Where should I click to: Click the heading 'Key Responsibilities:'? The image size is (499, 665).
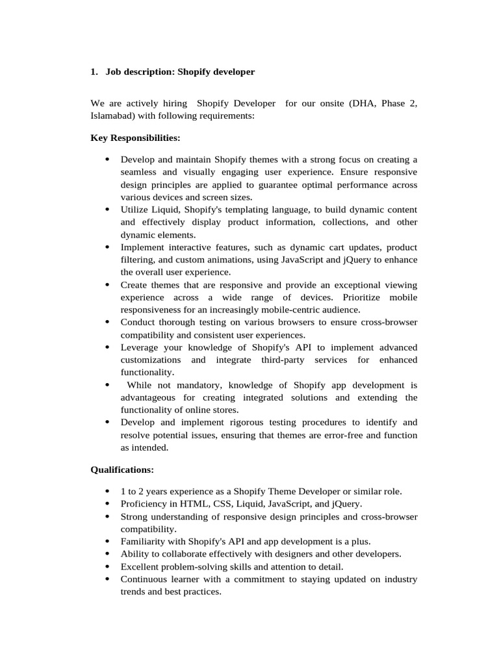coord(135,138)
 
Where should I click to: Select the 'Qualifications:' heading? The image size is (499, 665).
coord(122,469)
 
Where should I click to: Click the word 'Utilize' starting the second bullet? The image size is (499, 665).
coord(135,210)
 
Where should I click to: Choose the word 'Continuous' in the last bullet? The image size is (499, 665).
coord(144,579)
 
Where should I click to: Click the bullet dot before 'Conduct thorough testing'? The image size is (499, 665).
coord(107,323)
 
